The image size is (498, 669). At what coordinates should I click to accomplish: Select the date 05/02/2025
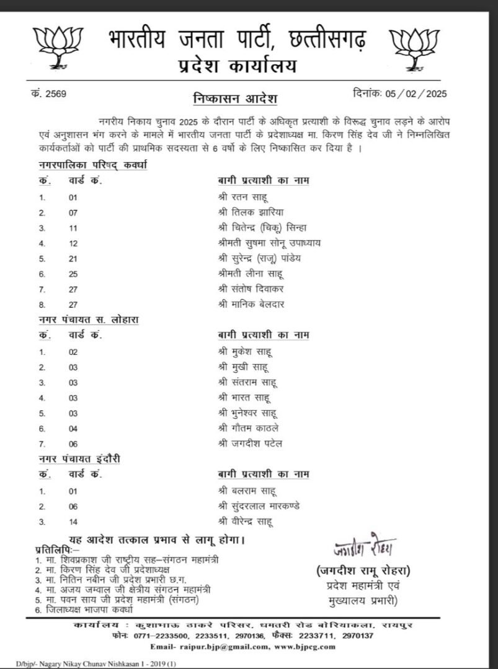[x=417, y=94]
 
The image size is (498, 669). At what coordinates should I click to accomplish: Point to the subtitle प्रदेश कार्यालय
[x=235, y=67]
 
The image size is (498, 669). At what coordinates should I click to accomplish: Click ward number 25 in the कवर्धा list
[x=73, y=273]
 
